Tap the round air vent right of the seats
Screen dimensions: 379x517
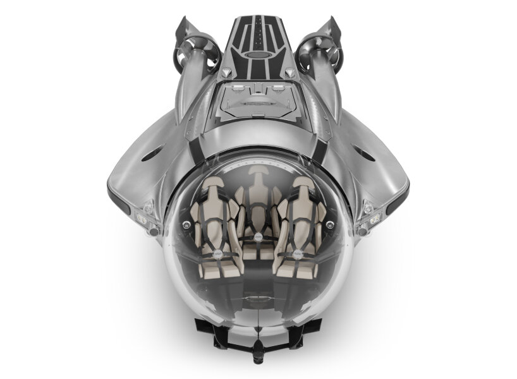click(332, 224)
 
